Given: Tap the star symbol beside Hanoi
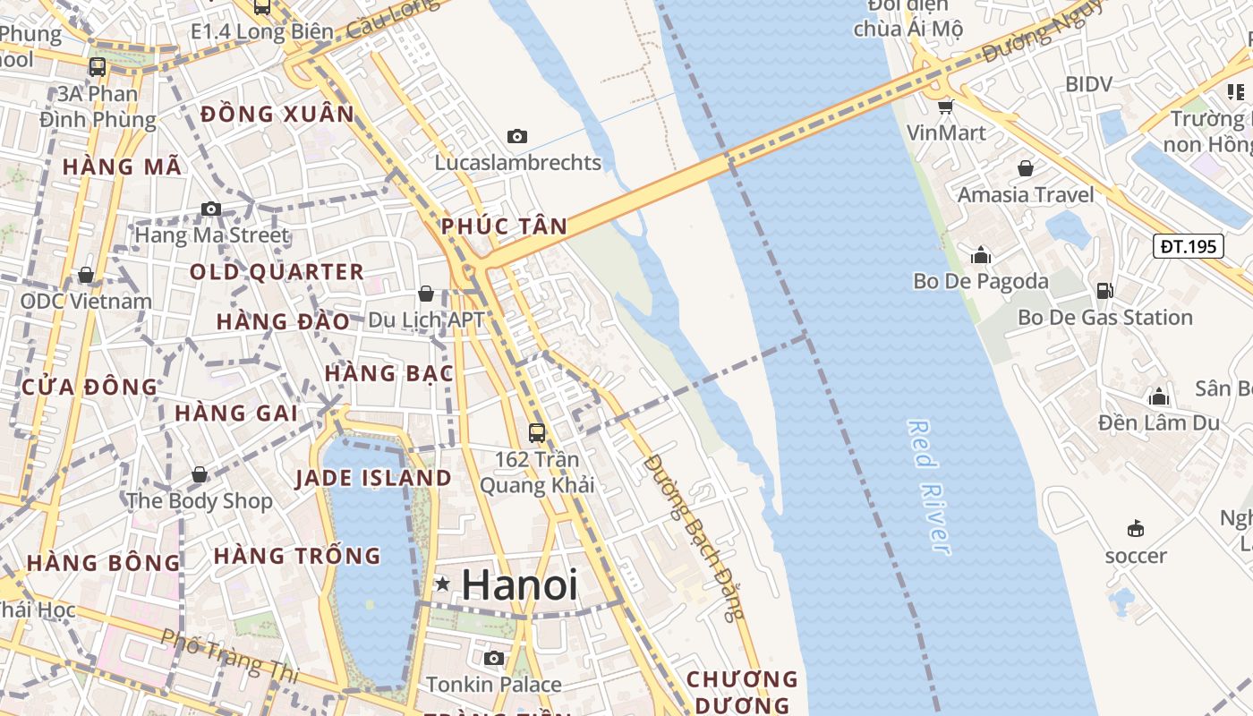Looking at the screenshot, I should coord(442,584).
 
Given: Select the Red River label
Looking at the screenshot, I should coord(928,487).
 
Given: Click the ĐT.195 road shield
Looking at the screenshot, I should coord(1188,246).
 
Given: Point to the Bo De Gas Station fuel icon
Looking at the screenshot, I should coord(1105,290).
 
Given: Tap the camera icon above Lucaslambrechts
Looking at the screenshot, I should coord(516,137).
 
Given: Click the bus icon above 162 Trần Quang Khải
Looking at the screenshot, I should coord(537,433).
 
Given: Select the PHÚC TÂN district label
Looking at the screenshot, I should coord(505,226).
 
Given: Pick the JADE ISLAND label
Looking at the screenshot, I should coord(373,478).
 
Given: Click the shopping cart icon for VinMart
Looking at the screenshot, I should coord(945,107).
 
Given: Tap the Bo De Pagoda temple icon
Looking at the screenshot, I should coord(981,255).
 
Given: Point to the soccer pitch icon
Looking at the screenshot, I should coord(1136,528).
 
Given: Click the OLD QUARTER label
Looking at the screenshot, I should coord(277,272).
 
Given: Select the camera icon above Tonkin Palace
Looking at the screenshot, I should coord(493,658).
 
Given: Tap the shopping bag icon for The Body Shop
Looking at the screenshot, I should coord(200,474).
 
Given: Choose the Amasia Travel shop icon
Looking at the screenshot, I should coord(1026,168).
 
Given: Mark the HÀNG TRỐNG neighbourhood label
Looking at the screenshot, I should coord(297,556).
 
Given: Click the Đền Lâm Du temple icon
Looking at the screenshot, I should coord(1159,396).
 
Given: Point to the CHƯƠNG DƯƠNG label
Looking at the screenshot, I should coord(742,692).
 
